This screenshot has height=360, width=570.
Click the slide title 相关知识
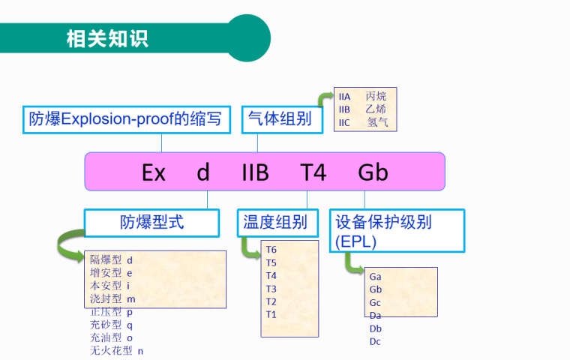pyautogui.click(x=107, y=37)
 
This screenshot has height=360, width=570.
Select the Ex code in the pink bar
pyautogui.click(x=154, y=172)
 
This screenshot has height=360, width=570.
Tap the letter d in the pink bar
pyautogui.click(x=203, y=172)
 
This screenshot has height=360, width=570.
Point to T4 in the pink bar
pyautogui.click(x=314, y=172)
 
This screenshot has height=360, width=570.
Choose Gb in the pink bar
pyautogui.click(x=373, y=172)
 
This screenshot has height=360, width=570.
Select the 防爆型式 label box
pyautogui.click(x=151, y=222)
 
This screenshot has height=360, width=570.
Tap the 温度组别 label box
pyautogui.click(x=275, y=223)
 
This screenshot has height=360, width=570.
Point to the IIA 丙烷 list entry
pyautogui.click(x=363, y=97)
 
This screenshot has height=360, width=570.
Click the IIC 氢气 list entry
pyautogui.click(x=363, y=122)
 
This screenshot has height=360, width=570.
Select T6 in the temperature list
pyautogui.click(x=271, y=250)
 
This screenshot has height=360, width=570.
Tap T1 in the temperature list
pyautogui.click(x=271, y=314)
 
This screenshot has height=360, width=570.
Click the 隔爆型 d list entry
pyautogui.click(x=112, y=259)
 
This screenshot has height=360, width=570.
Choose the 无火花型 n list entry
pyautogui.click(x=116, y=350)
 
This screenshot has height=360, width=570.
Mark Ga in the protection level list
pyautogui.click(x=376, y=277)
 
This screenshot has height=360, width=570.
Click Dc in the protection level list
pyautogui.click(x=376, y=342)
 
